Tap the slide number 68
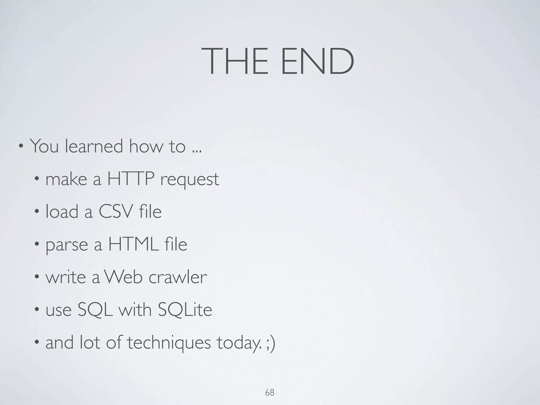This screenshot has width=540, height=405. click(x=270, y=393)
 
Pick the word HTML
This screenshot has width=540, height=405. click(x=133, y=244)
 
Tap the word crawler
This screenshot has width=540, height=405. click(x=178, y=277)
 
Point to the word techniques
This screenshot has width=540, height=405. click(x=169, y=343)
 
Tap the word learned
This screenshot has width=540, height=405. click(x=94, y=146)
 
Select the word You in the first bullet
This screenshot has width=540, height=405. click(x=44, y=146)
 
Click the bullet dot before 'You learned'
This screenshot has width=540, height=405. click(x=21, y=146)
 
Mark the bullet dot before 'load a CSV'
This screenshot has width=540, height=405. click(x=37, y=211)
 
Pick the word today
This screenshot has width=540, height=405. click(x=238, y=343)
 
